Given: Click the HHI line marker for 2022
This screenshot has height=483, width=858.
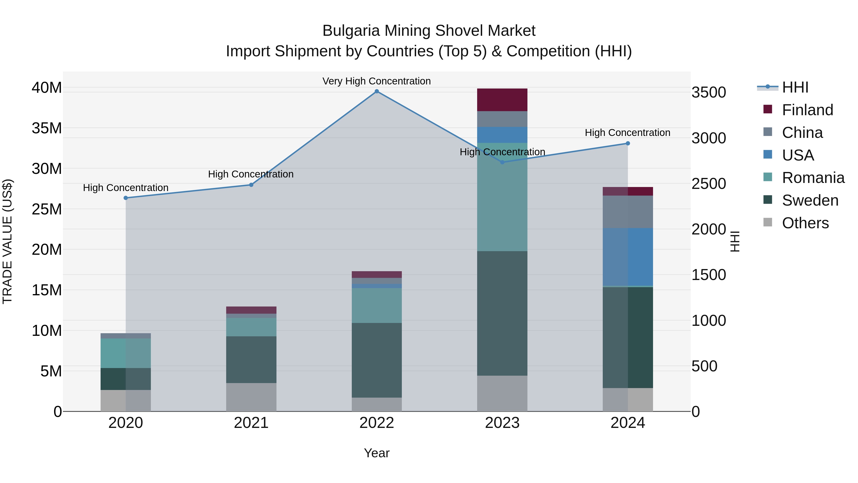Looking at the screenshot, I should [377, 91].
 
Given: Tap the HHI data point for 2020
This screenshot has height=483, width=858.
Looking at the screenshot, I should [126, 198].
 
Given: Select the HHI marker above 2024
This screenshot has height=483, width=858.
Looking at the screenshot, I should [628, 143].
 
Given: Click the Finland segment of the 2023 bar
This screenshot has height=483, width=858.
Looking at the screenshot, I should [502, 100].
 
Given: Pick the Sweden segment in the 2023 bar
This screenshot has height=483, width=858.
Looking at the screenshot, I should [502, 313].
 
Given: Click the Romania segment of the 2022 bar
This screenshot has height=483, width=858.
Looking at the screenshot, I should [377, 305].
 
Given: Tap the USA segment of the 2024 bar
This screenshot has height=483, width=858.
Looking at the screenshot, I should [628, 257].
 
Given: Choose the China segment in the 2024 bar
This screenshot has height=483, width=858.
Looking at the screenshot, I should [628, 212].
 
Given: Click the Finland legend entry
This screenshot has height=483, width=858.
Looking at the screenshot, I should [807, 110].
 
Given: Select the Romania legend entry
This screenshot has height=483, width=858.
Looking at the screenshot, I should [813, 178].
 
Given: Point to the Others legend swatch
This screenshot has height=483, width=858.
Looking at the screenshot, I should [768, 222].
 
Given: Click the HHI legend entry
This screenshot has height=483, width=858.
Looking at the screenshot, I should [795, 87].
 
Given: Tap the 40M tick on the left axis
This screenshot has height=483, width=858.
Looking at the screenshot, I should [47, 88].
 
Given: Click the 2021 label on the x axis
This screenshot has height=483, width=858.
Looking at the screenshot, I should [251, 423].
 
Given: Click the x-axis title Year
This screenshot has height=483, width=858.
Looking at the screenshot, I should [377, 453].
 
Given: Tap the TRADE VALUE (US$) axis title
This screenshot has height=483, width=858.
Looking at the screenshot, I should [7, 241].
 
